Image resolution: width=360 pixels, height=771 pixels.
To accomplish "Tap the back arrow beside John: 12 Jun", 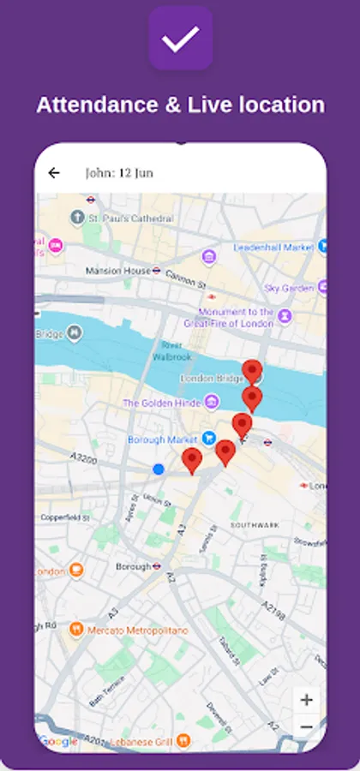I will coord(54,173).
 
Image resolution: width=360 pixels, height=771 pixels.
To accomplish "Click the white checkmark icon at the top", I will coord(180,38).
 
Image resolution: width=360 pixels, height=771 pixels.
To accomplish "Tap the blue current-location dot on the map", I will coord(159,469).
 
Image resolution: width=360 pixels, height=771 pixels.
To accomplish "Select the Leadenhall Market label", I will coord(273,248).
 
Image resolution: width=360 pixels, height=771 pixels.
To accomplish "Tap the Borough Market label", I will coord(164,440).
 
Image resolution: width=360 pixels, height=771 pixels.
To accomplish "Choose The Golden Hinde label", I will coord(160,403).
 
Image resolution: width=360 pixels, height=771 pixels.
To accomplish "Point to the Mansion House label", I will coord(118,272).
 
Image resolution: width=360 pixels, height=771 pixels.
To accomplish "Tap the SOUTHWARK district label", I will coord(255,524).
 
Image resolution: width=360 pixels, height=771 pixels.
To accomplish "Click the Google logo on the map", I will coord(58,741).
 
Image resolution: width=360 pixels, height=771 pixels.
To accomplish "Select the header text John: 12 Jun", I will coord(119,173).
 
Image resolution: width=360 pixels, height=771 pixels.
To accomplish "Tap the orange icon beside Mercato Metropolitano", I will coord(76,630).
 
